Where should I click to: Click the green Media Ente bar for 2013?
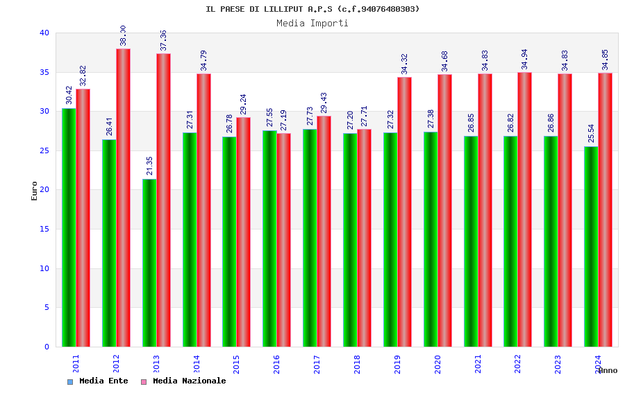149,263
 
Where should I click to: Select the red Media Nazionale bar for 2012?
123,198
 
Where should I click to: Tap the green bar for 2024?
591,246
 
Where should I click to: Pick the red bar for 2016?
283,240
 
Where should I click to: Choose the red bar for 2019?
404,211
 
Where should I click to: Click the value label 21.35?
149,166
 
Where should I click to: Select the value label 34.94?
525,59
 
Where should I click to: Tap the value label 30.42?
69,95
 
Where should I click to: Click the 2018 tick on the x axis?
357,364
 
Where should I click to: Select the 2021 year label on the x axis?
478,364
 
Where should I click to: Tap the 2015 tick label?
237,364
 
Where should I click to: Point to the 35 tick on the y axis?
44,72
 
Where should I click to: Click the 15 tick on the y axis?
44,229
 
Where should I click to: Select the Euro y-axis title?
34,191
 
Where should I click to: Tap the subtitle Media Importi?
312,23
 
